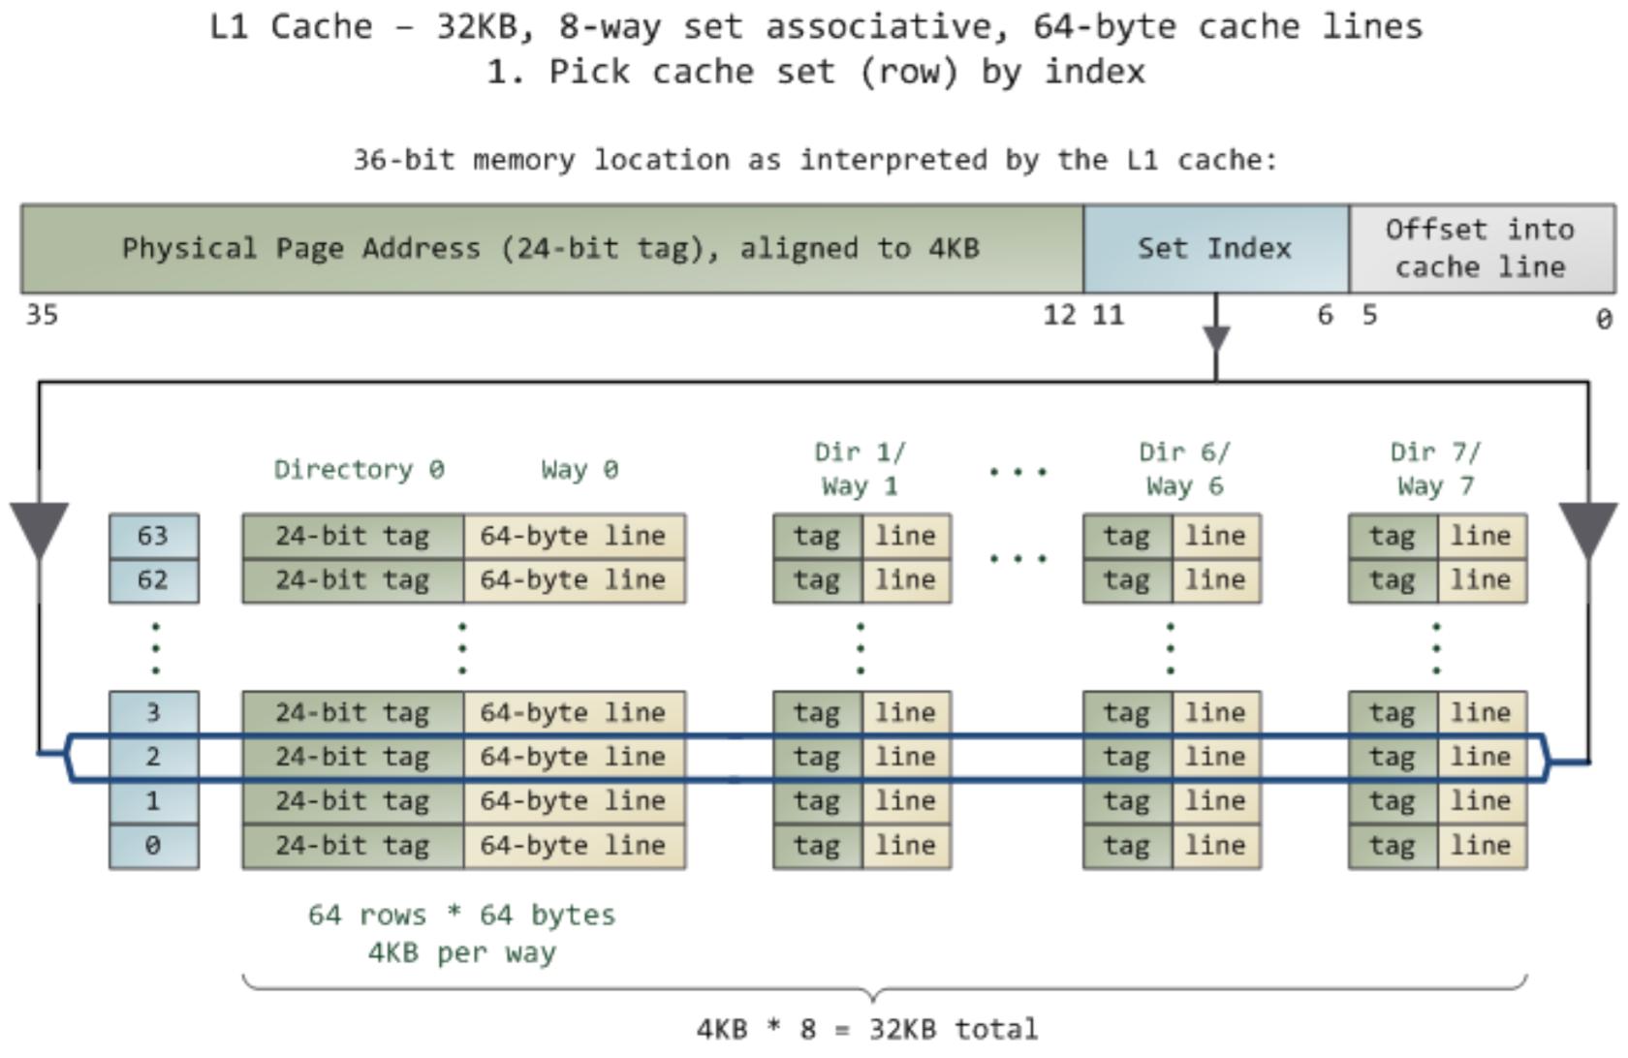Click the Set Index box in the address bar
pyautogui.click(x=1215, y=249)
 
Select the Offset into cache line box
pyautogui.click(x=1481, y=249)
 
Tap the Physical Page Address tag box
pyautogui.click(x=550, y=249)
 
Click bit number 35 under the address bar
pyautogui.click(x=42, y=315)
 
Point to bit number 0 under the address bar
pyautogui.click(x=1604, y=319)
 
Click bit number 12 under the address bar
pyautogui.click(x=1059, y=315)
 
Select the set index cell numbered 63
pyautogui.click(x=153, y=536)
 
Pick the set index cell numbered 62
pyautogui.click(x=153, y=580)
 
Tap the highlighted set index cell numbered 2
pyautogui.click(x=153, y=757)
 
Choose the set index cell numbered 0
pyautogui.click(x=153, y=846)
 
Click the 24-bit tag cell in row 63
pyautogui.click(x=353, y=536)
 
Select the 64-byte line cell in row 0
pyautogui.click(x=574, y=846)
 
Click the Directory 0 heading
pyautogui.click(x=359, y=470)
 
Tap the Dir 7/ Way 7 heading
pyautogui.click(x=1436, y=469)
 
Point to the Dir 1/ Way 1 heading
pyautogui.click(x=861, y=469)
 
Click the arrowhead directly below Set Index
pyautogui.click(x=1216, y=339)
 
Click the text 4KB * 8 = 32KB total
pyautogui.click(x=867, y=1029)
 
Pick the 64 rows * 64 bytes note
pyautogui.click(x=462, y=916)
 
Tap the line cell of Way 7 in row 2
pyautogui.click(x=1481, y=757)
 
